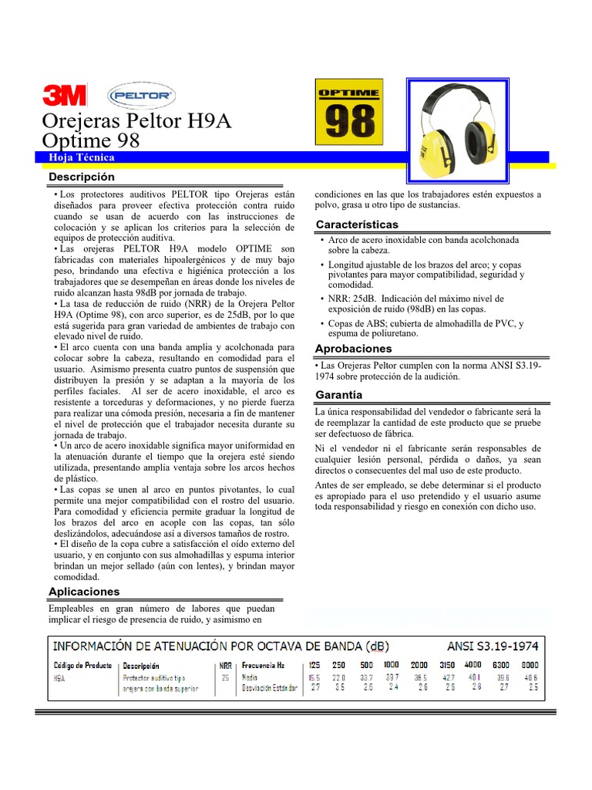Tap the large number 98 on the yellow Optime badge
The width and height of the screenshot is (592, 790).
348,122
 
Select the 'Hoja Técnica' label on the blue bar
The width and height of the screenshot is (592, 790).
82,157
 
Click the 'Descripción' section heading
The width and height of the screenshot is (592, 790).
82,177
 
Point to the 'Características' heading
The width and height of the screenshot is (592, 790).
358,225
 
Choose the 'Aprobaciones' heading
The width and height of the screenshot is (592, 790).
354,349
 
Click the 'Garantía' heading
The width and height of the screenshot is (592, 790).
339,395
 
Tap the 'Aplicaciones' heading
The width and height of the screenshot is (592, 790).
84,592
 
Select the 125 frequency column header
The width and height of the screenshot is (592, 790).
314,664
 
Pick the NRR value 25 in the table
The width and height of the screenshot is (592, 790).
226,677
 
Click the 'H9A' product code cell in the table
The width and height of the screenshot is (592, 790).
59,677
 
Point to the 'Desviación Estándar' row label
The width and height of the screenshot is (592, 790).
270,687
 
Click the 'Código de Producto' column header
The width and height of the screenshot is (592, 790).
82,665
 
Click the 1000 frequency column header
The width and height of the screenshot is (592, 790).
392,664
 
